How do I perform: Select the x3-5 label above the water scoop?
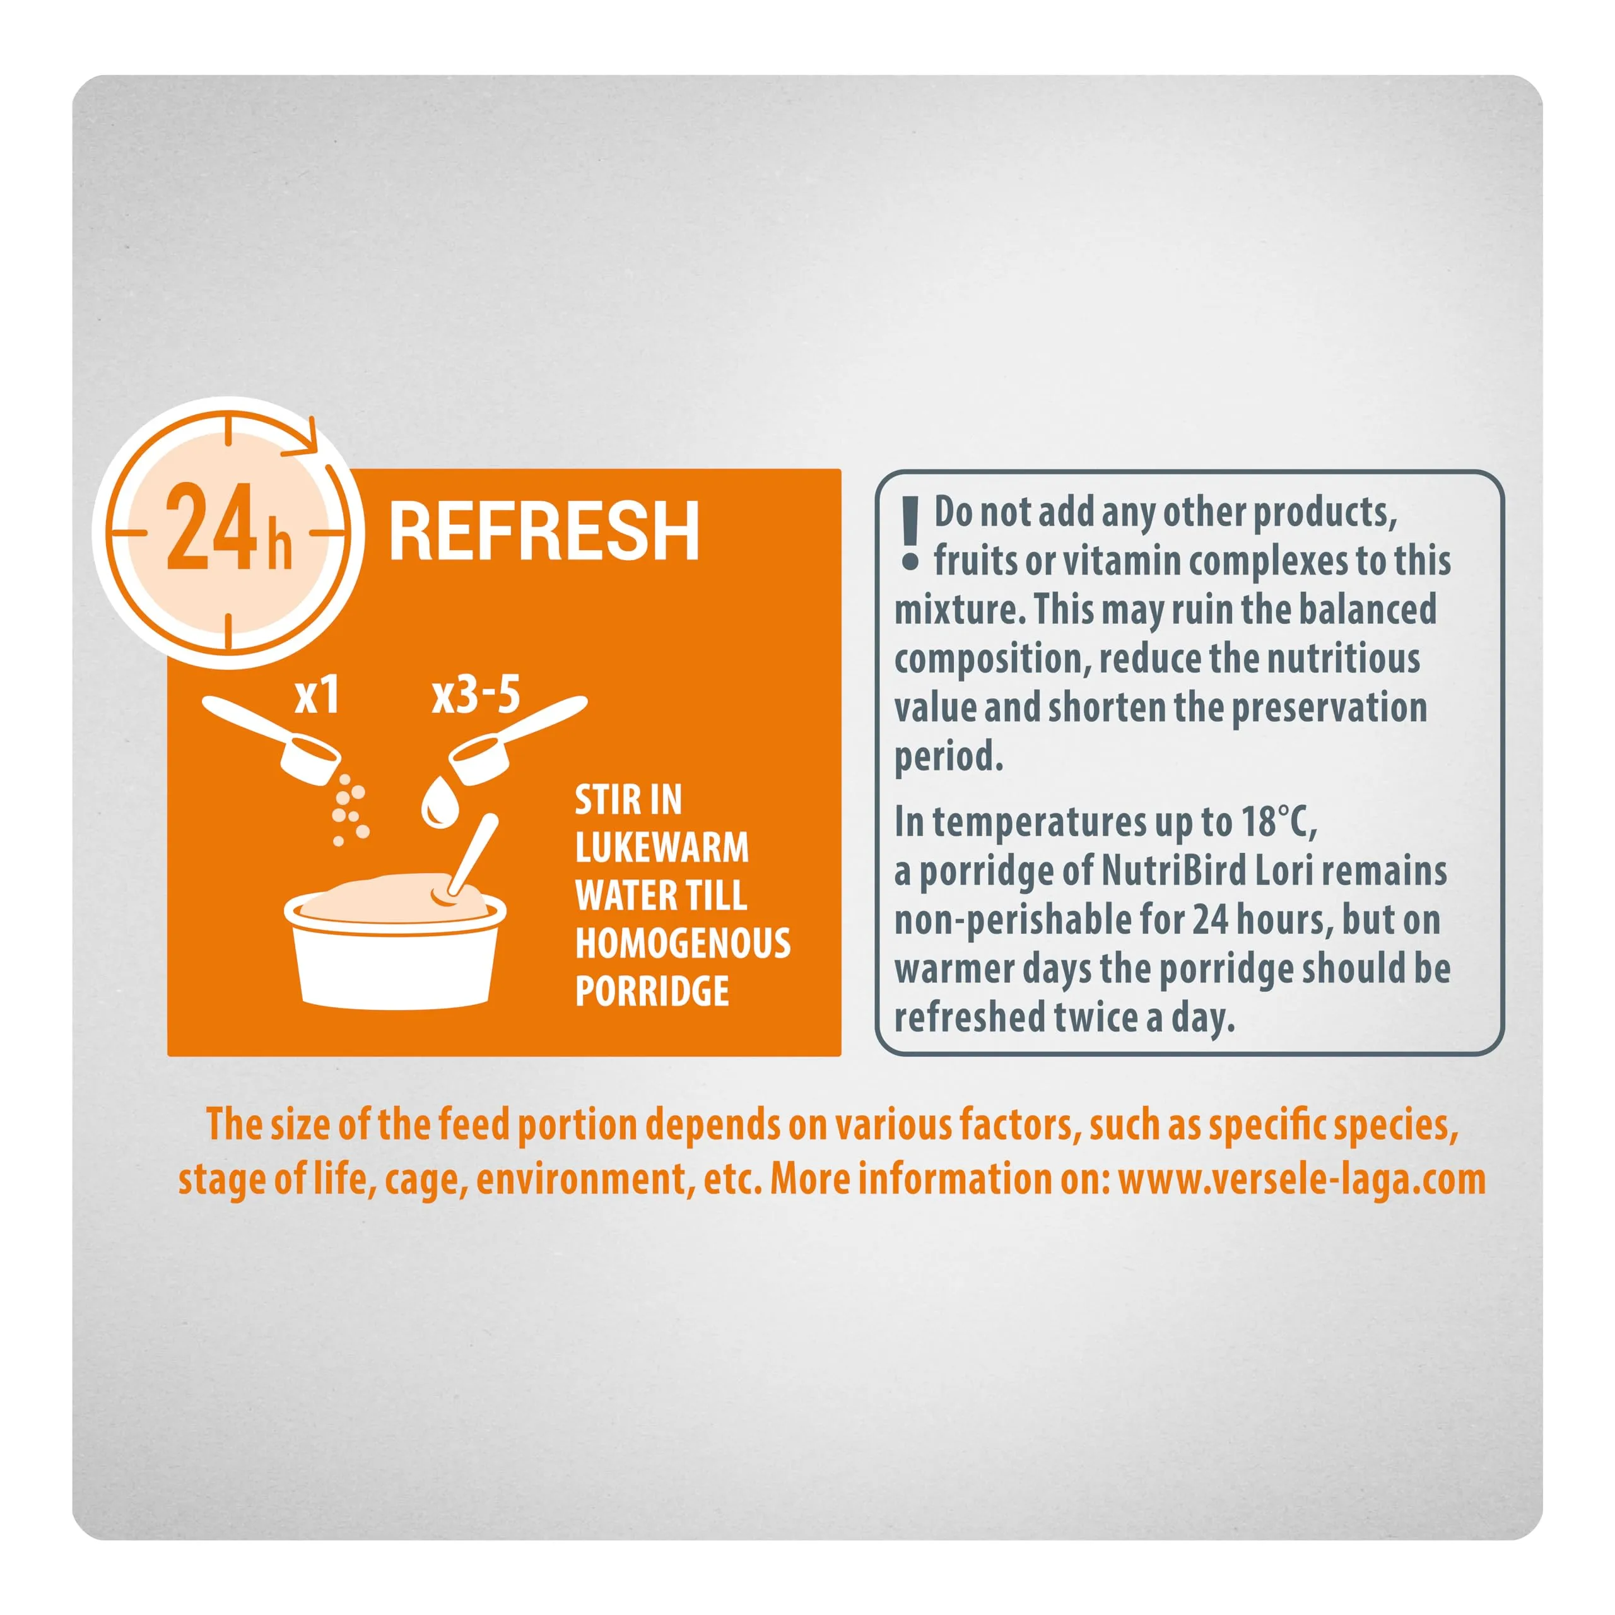pyautogui.click(x=476, y=695)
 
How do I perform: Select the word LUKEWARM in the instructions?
pyautogui.click(x=662, y=849)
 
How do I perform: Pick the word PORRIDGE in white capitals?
pyautogui.click(x=652, y=992)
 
